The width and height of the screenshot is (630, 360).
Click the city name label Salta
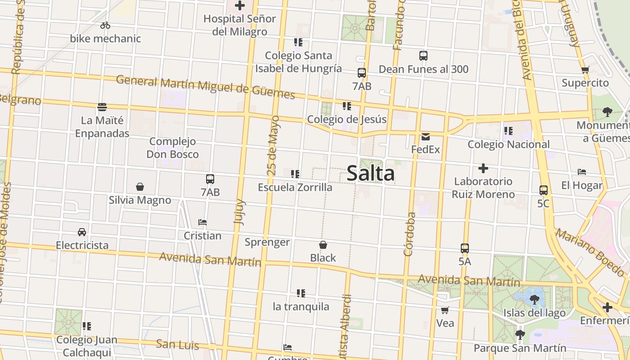point(371,174)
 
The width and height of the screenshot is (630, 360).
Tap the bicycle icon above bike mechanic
point(105,25)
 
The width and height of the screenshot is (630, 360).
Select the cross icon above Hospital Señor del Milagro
point(240,5)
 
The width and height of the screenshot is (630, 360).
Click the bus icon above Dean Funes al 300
point(423,56)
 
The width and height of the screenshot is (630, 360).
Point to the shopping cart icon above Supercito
point(585,70)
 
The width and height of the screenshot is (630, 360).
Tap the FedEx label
point(425,149)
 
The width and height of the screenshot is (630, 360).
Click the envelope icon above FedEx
point(426,136)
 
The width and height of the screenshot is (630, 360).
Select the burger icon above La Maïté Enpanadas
point(102,107)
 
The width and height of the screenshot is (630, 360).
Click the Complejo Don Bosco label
point(172,148)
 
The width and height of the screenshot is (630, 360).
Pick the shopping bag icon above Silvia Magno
point(140,187)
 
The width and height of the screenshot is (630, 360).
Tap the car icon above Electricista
point(82,232)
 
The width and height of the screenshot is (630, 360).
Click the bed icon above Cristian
point(202,222)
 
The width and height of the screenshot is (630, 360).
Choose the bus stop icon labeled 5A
point(465,248)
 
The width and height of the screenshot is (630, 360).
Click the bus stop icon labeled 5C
point(544,190)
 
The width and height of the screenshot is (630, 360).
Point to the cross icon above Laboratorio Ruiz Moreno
point(483,168)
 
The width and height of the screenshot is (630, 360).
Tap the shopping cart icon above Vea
point(445,310)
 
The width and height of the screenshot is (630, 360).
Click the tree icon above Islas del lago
point(534,299)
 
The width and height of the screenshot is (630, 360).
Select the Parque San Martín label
point(520,348)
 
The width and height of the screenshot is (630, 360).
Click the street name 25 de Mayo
point(273,145)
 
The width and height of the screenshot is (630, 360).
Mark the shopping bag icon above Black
point(323,245)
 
